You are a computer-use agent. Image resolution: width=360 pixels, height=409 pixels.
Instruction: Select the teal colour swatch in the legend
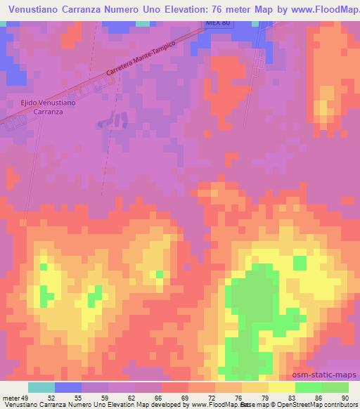[x=41, y=387]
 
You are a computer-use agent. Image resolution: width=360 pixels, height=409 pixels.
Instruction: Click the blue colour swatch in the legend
[x=68, y=387]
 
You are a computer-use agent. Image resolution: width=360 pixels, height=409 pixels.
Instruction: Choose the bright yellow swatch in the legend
[x=282, y=387]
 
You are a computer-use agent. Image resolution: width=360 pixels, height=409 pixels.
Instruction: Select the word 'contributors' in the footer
[x=341, y=405]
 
